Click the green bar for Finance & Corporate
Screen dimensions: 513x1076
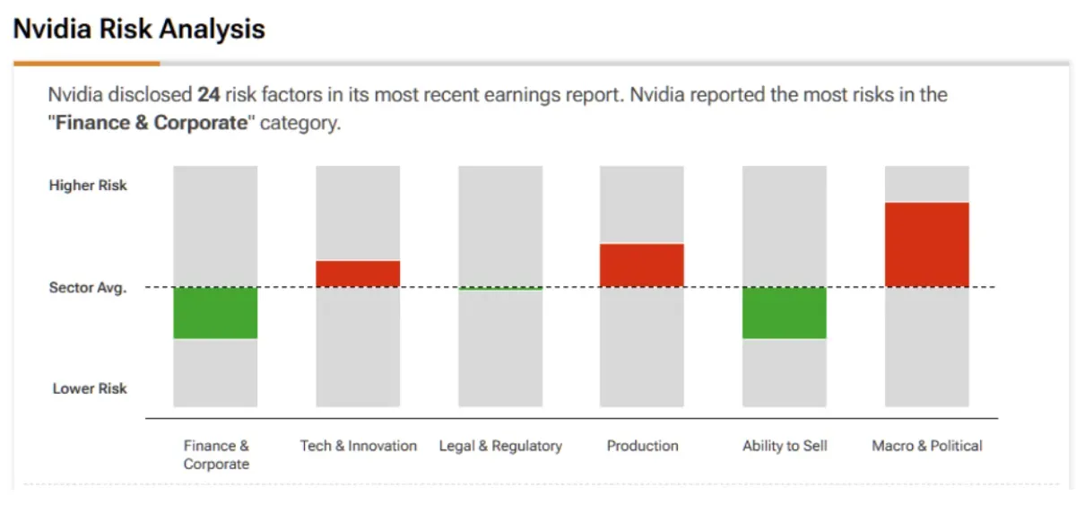215,313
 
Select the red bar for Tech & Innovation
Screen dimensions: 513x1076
358,274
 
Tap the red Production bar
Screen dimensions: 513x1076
642,265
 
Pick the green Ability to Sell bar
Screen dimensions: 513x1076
785,313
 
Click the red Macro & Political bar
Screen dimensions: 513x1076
927,245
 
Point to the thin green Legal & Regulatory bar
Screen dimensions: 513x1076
500,289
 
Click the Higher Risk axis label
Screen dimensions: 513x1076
88,186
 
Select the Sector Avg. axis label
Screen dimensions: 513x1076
88,288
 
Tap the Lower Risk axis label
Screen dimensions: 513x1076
90,388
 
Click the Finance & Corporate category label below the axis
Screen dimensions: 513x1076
216,455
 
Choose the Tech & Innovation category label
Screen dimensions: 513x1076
359,446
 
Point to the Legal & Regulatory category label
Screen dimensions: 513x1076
500,446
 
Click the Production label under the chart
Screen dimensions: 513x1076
642,446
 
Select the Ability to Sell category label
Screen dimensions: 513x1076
785,446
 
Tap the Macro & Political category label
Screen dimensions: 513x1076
927,446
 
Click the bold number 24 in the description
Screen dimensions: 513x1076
209,95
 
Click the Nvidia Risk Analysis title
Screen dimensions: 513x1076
139,29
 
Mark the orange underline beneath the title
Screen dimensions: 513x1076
87,64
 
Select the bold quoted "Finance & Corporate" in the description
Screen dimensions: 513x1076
152,123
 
